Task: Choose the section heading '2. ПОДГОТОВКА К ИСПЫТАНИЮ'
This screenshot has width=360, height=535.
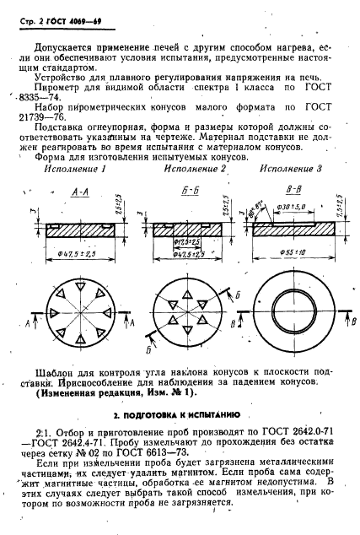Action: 180,415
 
